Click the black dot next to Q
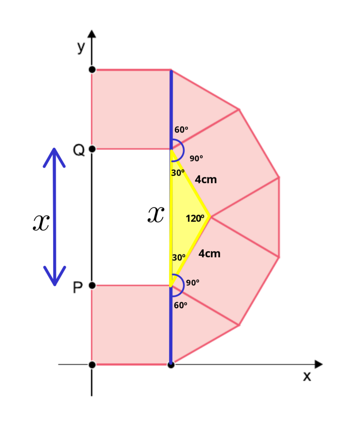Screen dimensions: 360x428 tap(92, 149)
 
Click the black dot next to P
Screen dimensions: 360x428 tap(92, 285)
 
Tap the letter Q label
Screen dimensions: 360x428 tap(79, 150)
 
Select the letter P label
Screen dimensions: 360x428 tap(78, 288)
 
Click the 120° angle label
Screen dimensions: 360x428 tap(195, 218)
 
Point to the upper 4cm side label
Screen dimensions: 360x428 tap(205, 180)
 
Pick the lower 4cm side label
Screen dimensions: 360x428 tap(209, 254)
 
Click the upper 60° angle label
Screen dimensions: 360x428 tap(181, 130)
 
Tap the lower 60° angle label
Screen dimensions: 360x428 tap(180, 305)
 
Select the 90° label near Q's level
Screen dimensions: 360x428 tap(196, 158)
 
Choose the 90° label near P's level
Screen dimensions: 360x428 tap(193, 283)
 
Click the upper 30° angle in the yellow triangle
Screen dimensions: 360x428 tap(178, 173)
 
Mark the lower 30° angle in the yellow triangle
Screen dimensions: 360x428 tap(179, 257)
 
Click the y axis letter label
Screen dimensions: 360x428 tap(81, 47)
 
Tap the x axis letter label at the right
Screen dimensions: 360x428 tap(307, 376)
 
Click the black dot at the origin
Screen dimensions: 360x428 tap(92, 364)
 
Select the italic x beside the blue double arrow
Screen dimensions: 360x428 tap(41, 222)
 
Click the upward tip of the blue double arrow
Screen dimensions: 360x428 tap(54, 149)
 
